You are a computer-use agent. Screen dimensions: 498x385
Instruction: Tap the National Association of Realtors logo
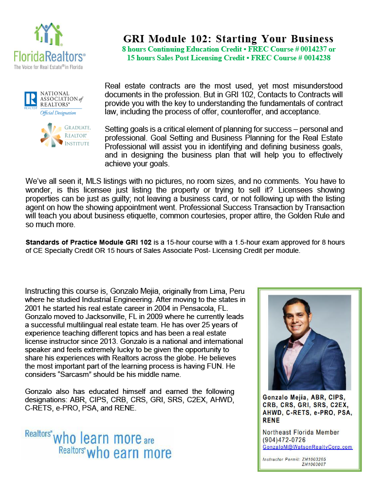53,103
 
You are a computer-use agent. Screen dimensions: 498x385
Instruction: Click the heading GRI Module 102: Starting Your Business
228,39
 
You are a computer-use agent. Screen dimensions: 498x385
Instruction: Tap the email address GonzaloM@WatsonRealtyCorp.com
307,447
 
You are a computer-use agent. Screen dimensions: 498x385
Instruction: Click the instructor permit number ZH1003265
314,459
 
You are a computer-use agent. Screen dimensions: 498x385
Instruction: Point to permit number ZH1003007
314,464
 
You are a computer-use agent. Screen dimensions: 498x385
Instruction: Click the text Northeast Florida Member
301,432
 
